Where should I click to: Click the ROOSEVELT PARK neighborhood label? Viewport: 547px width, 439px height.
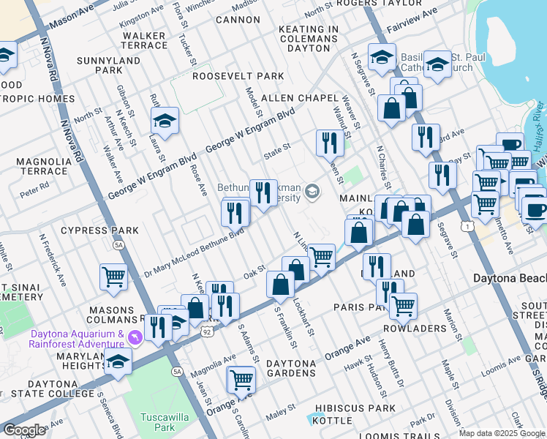tap(238, 76)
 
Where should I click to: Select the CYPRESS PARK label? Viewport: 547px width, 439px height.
tap(99, 230)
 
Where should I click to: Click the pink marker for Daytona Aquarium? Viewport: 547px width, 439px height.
tap(133, 337)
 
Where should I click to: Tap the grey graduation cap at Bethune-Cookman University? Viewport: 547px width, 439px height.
tap(312, 192)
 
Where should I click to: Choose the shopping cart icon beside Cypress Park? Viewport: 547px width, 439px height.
tap(114, 276)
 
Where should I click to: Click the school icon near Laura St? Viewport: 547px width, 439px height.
tap(165, 121)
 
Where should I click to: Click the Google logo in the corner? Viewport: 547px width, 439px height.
tap(23, 430)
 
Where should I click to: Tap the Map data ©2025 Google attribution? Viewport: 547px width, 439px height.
tap(502, 433)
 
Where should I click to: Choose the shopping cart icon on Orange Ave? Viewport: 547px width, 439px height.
tap(241, 379)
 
